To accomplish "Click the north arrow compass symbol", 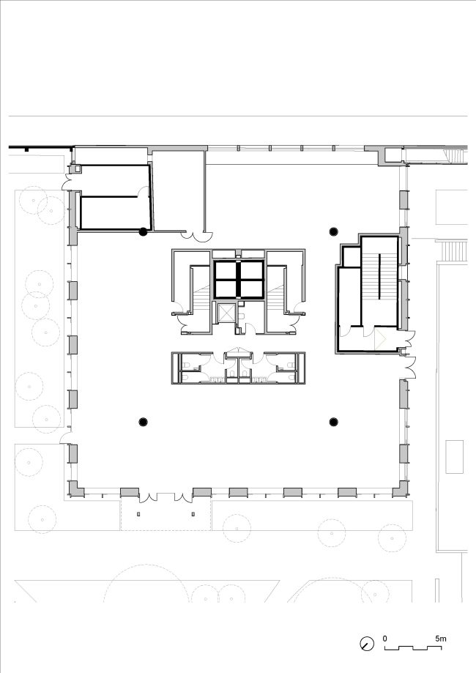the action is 367,644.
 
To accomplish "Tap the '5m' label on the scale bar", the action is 441,639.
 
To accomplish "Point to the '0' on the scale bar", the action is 385,639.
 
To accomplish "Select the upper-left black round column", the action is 144,231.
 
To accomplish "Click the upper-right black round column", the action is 333,231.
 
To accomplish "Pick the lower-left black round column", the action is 144,422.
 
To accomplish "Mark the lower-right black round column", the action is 333,422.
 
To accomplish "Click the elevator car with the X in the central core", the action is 226,313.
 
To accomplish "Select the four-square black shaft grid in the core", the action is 239,279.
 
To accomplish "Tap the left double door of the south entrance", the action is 149,497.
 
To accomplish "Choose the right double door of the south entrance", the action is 183,497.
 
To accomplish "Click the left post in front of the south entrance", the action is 138,514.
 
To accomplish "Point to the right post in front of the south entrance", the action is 193,514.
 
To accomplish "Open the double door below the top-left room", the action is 196,236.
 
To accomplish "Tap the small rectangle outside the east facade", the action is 454,457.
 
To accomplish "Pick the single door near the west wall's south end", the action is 65,438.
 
